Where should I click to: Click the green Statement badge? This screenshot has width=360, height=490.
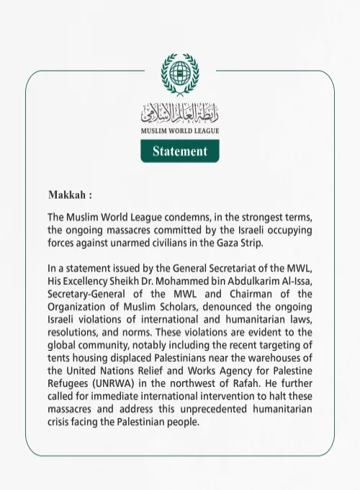(x=180, y=151)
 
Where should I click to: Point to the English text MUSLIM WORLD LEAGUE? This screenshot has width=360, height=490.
(x=180, y=132)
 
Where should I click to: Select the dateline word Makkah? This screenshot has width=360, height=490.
(x=68, y=195)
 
